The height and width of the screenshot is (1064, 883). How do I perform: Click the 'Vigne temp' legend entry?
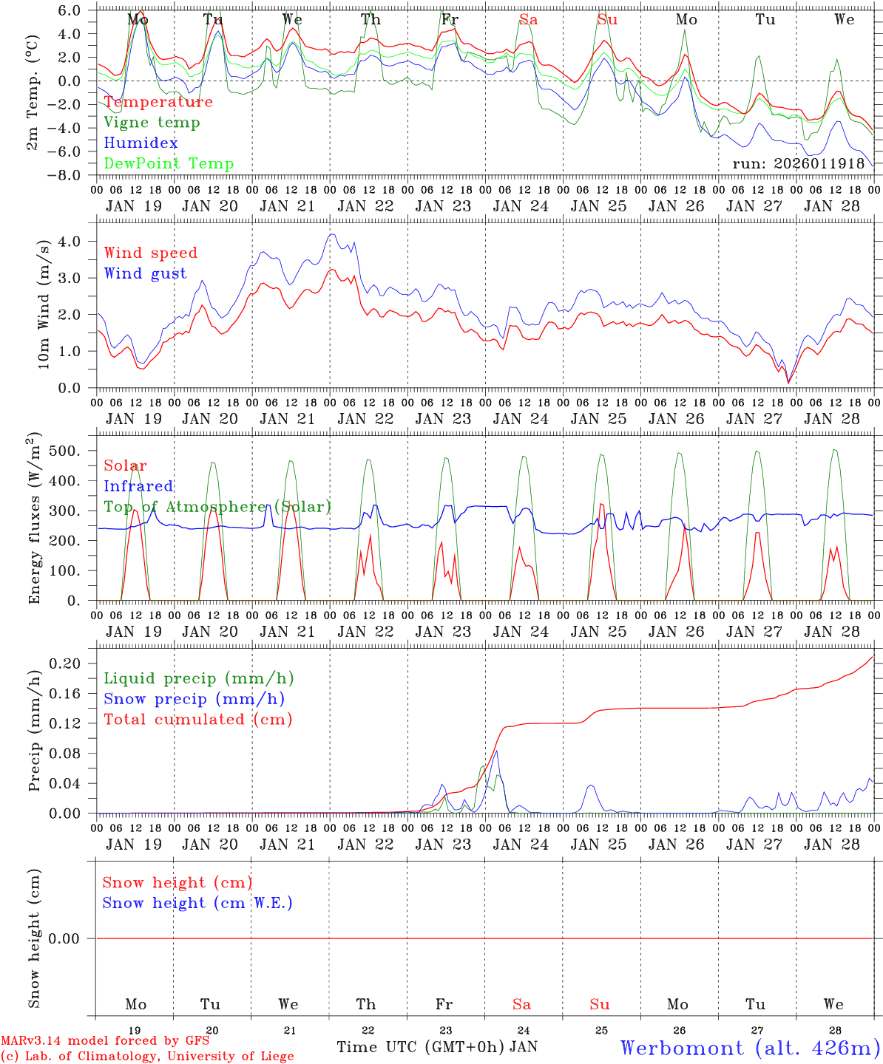click(x=152, y=123)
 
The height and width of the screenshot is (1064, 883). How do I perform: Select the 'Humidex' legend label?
click(x=141, y=143)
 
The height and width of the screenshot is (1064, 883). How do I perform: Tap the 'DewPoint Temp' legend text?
click(x=169, y=164)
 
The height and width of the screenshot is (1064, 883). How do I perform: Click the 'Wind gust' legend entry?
click(x=145, y=273)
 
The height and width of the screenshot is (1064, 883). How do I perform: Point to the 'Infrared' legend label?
click(x=138, y=486)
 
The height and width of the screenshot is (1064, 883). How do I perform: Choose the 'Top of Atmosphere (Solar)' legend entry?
click(x=217, y=507)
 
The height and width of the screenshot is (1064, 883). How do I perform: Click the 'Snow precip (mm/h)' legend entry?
click(x=194, y=699)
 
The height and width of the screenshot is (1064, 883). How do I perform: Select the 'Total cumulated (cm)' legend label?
click(x=198, y=720)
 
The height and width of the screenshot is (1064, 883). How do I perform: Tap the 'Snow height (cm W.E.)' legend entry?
click(x=197, y=903)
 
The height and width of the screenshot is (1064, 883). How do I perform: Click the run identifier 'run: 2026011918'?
click(x=798, y=164)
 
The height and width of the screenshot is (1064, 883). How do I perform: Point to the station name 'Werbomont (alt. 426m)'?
click(x=750, y=1048)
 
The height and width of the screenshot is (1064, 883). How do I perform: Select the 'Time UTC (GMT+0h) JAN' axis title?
click(x=437, y=1047)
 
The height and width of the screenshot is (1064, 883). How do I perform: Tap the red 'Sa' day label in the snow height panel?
click(x=521, y=1004)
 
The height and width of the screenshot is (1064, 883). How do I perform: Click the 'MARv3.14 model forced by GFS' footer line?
click(x=105, y=1040)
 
